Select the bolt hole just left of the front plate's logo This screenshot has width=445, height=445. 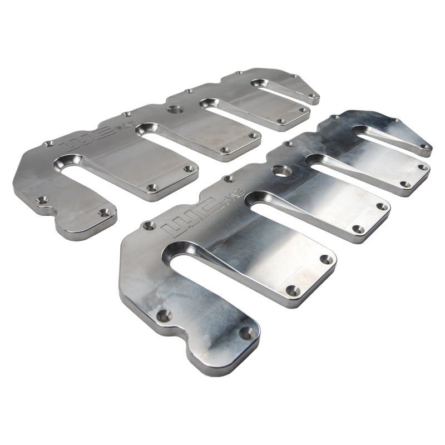[x=149, y=225]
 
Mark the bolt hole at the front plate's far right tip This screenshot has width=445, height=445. [x=426, y=147]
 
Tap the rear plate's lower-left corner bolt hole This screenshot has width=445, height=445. [x=40, y=198]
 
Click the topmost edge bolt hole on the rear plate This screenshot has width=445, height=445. [x=239, y=73]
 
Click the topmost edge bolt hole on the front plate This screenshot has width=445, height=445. [x=334, y=117]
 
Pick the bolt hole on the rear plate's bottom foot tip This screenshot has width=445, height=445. [x=104, y=212]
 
